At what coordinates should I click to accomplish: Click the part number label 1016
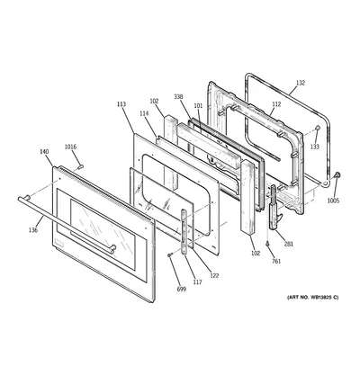coord(71,147)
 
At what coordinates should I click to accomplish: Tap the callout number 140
coord(44,152)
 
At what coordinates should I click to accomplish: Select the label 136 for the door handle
coord(33,230)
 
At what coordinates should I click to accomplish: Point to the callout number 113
coord(121,104)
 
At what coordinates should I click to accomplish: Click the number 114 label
coord(144,113)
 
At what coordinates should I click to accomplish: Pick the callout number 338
coord(178,97)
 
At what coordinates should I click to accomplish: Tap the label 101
coord(198,105)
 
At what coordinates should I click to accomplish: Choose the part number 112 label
coord(276,104)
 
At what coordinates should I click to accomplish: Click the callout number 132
coord(301,83)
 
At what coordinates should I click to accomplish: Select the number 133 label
coord(315,147)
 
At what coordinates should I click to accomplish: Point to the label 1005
coord(333,201)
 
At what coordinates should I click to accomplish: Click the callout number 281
coord(289,244)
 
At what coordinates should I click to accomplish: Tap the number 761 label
coord(276,262)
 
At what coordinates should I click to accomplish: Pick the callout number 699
coord(182,289)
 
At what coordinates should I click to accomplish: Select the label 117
coord(197,281)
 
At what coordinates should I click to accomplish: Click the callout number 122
coord(214,275)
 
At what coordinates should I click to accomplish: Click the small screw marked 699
coord(170,255)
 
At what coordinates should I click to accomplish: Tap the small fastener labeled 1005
coord(337,174)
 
